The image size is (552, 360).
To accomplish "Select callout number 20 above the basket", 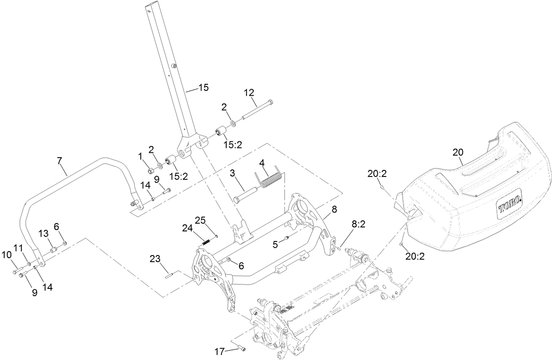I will point(458,152).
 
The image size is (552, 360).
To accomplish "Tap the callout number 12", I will point(249,93).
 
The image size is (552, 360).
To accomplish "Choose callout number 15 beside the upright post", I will point(203,88).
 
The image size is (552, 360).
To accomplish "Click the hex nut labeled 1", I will point(150,170).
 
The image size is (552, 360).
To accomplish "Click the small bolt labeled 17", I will point(241,349).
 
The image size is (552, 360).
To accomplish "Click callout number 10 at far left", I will point(6,254).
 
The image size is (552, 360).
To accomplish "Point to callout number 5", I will point(275,245).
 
